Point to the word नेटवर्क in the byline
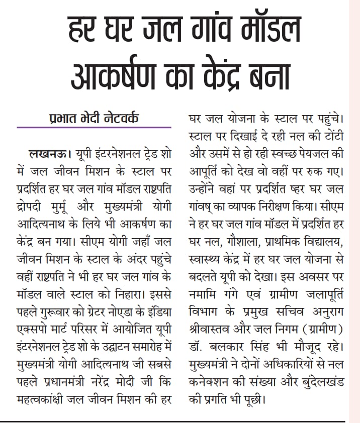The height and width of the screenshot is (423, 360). pos(117,120)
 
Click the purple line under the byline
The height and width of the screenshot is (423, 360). pos(94,128)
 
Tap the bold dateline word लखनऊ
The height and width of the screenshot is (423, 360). pos(48,152)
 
